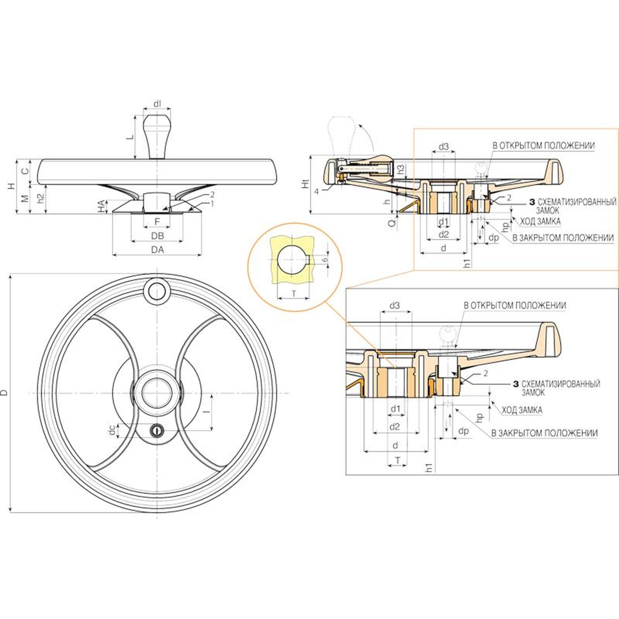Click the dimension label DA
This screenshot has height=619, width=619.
tap(157, 250)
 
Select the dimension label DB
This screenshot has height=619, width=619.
tap(157, 236)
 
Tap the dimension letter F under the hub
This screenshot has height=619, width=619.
tap(157, 222)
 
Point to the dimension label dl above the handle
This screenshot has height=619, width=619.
tap(157, 104)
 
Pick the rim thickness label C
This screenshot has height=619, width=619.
tap(24, 171)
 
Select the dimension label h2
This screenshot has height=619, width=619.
tap(40, 198)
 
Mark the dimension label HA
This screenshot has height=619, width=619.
tap(101, 206)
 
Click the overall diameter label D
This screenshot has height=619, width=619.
tap(4, 393)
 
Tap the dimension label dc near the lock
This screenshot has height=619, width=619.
tap(112, 430)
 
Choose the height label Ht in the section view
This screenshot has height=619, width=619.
tap(306, 183)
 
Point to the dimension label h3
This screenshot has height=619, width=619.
tap(401, 169)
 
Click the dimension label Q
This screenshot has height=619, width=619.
tap(392, 223)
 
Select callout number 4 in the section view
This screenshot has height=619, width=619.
tap(316, 191)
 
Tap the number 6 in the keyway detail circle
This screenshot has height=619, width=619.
tap(325, 259)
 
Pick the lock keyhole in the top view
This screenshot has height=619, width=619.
tap(157, 430)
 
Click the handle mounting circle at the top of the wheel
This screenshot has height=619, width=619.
tap(157, 291)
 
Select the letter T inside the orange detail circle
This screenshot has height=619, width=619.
tap(294, 294)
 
